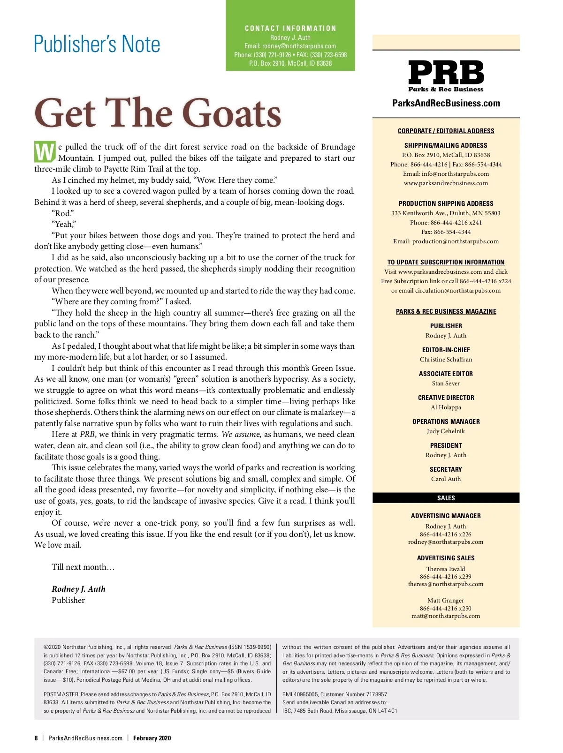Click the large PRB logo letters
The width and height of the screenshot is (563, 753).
[x=446, y=73]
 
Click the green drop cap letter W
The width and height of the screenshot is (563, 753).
[x=45, y=152]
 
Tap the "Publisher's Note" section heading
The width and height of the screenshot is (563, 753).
[x=97, y=44]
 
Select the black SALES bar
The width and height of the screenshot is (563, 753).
[x=446, y=498]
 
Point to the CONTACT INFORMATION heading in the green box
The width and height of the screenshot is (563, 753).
[x=290, y=28]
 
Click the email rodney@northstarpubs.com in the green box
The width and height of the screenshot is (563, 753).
[x=299, y=46]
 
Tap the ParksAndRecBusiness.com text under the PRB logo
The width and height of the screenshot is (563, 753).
[x=446, y=103]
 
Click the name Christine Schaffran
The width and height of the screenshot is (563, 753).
[x=446, y=360]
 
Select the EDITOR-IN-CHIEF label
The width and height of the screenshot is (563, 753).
[x=446, y=350]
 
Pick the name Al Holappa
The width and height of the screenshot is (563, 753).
[x=446, y=407]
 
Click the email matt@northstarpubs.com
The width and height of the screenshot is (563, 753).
[x=446, y=616]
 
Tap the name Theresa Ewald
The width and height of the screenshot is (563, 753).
[x=446, y=569]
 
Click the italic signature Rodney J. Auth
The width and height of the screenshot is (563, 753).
[x=78, y=589]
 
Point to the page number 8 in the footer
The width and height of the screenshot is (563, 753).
[x=36, y=738]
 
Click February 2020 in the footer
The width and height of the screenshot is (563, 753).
[x=152, y=738]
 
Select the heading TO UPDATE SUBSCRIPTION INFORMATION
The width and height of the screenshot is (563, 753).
[x=446, y=262]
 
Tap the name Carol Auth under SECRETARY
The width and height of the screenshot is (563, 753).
[x=446, y=479]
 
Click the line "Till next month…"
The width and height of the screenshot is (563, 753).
[x=83, y=567]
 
